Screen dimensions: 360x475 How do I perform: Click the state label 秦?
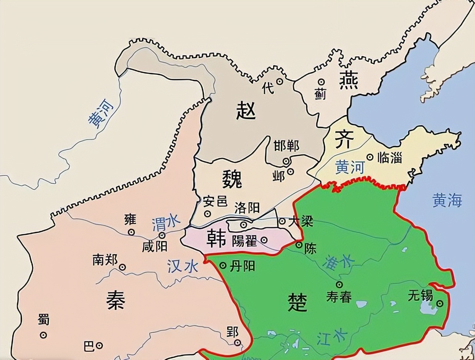[x=115, y=300]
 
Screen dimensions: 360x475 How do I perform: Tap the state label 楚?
[x=297, y=301]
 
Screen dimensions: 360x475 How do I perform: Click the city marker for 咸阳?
[x=162, y=235]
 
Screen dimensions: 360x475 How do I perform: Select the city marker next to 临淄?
[x=370, y=157]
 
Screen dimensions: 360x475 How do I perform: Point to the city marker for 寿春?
[x=340, y=284]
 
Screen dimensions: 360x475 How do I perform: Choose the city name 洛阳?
[x=246, y=208]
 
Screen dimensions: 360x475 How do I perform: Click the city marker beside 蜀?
[x=44, y=335]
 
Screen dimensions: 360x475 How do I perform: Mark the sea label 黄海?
[x=447, y=200]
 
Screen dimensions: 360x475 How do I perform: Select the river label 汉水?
[x=183, y=266]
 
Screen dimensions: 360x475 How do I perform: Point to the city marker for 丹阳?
[x=223, y=266]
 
